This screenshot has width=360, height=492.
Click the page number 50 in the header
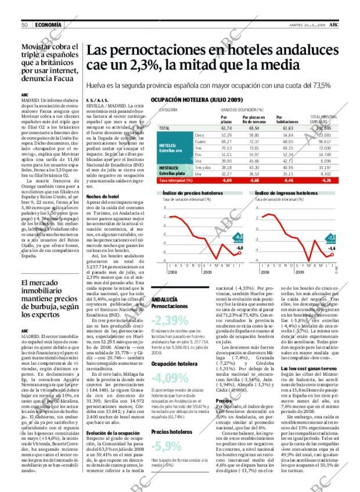pos(24,24)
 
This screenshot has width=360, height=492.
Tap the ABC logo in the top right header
pos(336,24)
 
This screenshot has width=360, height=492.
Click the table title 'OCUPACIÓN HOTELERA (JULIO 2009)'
pos(197,100)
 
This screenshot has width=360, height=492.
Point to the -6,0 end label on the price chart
pos(239,248)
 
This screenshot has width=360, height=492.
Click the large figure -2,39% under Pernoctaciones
pos(170,320)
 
